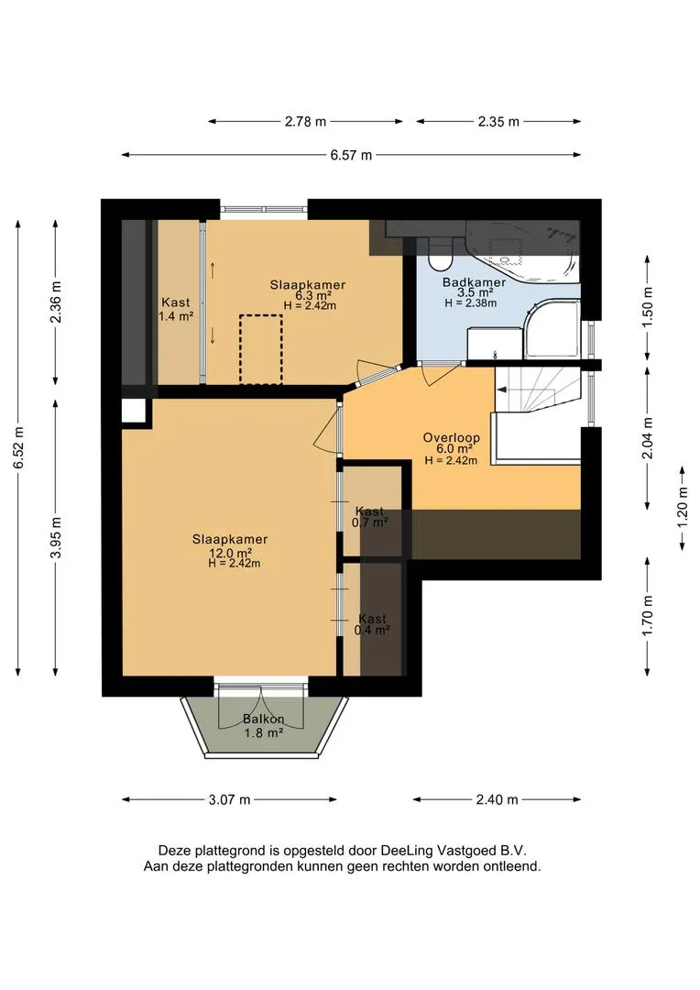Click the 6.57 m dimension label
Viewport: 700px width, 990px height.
coord(351,155)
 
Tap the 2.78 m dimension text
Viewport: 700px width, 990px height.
coord(305,122)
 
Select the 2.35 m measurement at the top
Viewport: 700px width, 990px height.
coord(498,122)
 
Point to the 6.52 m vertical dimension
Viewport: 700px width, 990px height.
coord(19,447)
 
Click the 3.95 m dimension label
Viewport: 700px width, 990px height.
coord(56,536)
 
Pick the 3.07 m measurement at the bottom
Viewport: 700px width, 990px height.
coord(230,800)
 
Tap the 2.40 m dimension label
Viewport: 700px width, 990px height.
coord(497,800)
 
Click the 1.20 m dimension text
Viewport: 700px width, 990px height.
coord(683,508)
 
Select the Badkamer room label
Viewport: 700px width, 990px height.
coord(474,282)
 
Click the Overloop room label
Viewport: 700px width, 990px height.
coord(452,437)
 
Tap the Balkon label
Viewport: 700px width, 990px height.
coord(263,720)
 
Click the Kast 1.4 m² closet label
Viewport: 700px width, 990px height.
coord(176,310)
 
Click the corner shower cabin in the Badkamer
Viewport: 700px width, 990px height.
coord(551,330)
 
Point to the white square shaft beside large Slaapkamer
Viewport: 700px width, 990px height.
coord(134,412)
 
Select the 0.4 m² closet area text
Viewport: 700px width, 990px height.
coord(371,630)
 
